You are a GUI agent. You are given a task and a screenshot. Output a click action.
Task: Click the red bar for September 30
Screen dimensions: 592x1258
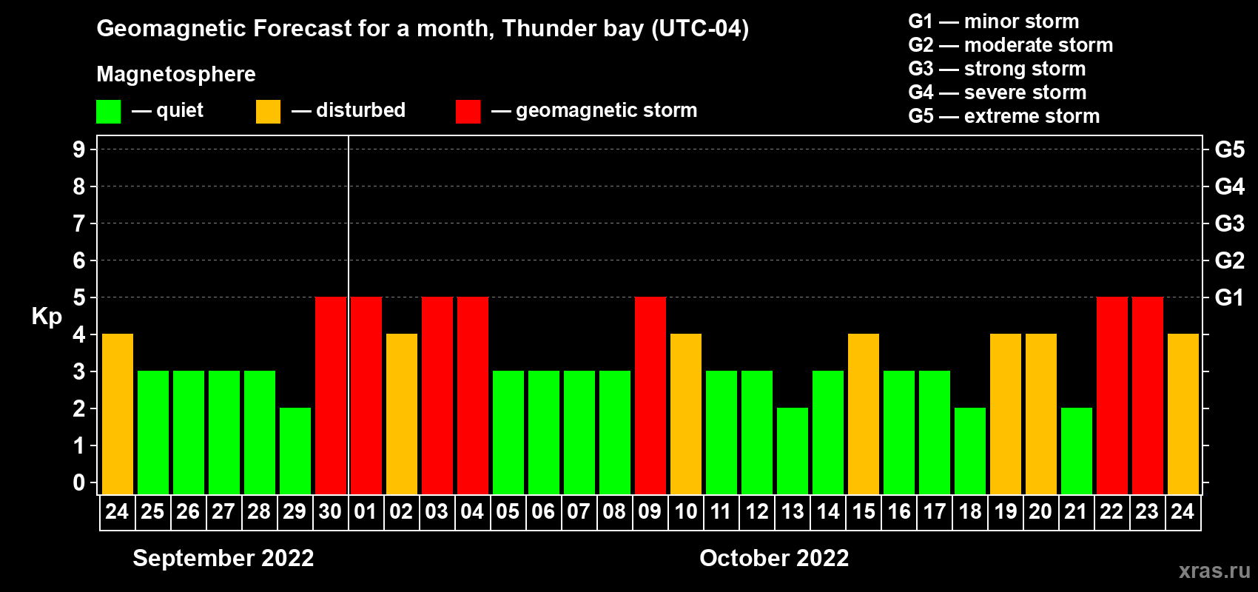click(x=330, y=395)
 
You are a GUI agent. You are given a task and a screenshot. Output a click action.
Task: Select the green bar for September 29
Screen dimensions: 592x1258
click(x=295, y=451)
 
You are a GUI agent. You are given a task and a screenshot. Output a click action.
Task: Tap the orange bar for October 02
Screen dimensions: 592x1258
click(x=401, y=414)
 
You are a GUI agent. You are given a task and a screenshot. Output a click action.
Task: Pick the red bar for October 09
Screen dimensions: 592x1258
click(x=650, y=395)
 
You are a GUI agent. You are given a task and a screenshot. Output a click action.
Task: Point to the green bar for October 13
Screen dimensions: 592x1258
click(x=792, y=451)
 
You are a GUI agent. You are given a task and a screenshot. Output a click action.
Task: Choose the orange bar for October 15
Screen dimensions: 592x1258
click(x=863, y=414)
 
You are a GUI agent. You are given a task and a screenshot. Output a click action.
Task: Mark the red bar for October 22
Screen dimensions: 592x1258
click(x=1111, y=395)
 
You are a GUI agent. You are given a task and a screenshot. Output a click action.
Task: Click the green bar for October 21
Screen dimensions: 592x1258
click(x=1076, y=451)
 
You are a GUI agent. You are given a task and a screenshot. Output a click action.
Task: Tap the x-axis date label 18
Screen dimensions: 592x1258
click(x=969, y=512)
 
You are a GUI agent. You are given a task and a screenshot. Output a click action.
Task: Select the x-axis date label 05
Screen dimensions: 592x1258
click(x=508, y=512)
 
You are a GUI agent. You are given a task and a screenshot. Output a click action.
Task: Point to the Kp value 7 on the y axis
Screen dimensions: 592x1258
click(x=78, y=223)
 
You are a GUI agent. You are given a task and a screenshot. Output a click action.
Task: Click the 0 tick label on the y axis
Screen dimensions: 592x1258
click(x=78, y=483)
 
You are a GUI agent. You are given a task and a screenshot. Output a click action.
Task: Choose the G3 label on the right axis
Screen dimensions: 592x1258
click(x=1229, y=223)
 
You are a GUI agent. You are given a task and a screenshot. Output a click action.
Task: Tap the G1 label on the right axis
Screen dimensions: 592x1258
click(x=1229, y=297)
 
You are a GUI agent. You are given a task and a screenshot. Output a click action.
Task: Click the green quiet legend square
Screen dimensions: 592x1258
click(x=108, y=112)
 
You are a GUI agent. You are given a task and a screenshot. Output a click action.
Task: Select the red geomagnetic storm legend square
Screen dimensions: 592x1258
click(x=468, y=112)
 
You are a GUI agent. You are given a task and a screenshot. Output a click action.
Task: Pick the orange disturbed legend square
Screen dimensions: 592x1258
click(x=268, y=112)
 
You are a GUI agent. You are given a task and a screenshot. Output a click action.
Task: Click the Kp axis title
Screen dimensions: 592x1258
click(x=47, y=317)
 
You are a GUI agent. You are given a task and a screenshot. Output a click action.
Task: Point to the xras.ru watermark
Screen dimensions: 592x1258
click(x=1214, y=571)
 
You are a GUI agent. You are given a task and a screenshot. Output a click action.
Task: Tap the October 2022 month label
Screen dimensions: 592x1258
click(x=774, y=558)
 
